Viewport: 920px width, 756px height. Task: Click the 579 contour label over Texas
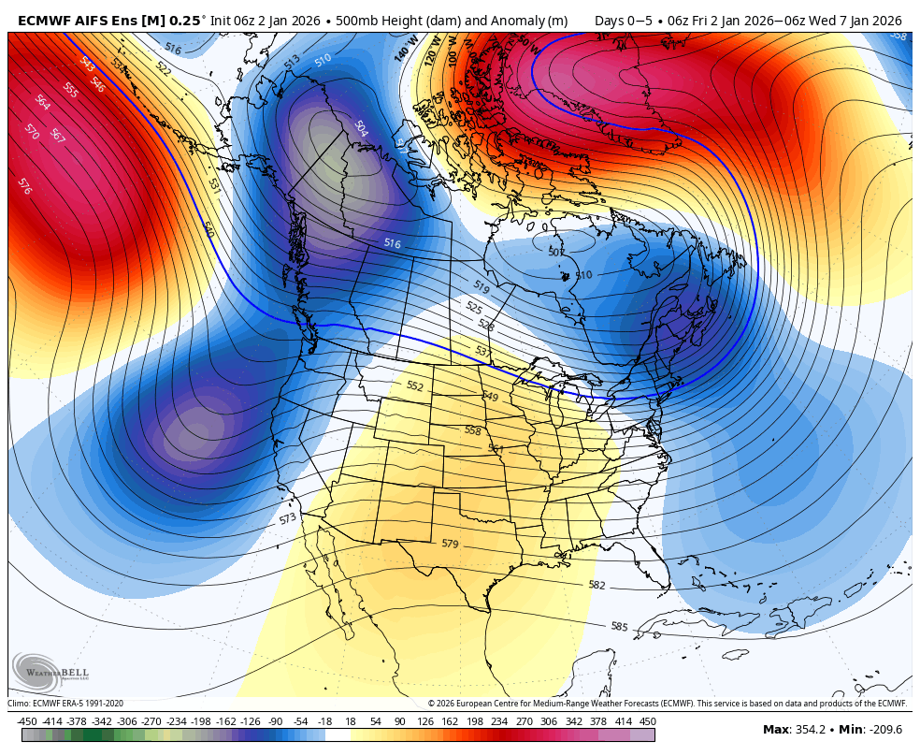coord(450,544)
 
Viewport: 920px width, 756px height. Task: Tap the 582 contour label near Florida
coord(597,586)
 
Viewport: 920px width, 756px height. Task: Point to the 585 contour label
coord(619,626)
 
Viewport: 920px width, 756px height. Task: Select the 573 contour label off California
coord(287,518)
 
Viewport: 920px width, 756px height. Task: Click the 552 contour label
coord(415,385)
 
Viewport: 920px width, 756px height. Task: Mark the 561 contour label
coord(496,449)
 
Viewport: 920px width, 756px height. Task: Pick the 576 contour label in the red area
coord(24,186)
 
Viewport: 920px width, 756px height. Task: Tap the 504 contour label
coord(361,128)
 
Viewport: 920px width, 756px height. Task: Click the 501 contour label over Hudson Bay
coord(556,252)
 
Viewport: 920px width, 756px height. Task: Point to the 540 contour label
coord(208,228)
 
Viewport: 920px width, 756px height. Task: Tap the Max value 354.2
coord(809,730)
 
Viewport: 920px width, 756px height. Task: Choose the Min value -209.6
coord(884,730)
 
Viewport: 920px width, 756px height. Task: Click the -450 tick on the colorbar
coord(27,721)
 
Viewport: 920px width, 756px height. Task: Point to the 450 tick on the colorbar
coord(647,721)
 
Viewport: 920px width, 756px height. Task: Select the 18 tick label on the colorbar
coord(350,721)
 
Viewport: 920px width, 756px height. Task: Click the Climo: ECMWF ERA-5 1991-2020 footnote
coord(65,704)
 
